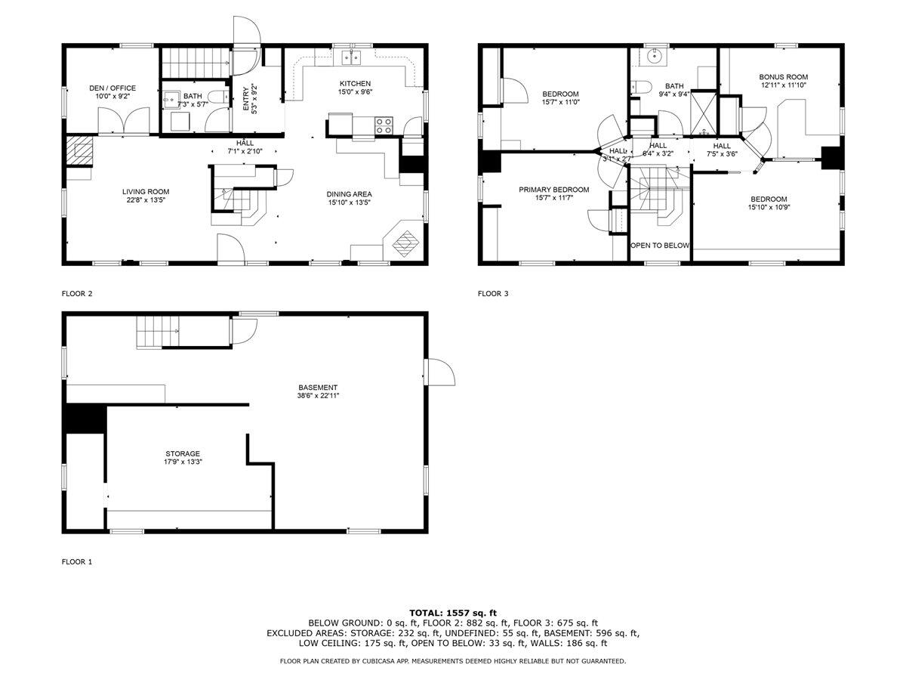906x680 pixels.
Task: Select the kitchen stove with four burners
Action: point(384,125)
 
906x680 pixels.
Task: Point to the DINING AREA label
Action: point(349,193)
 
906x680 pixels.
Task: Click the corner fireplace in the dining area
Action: point(405,242)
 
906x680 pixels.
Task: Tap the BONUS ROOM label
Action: point(783,76)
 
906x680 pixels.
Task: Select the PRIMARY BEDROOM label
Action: point(553,190)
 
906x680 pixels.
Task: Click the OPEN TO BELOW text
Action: point(660,246)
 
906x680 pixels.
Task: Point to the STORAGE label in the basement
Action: point(183,453)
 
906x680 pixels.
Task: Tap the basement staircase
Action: point(159,332)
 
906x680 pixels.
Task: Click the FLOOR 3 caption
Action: point(493,293)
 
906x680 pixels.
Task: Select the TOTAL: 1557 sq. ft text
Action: point(453,613)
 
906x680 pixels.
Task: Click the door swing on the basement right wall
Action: point(439,372)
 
